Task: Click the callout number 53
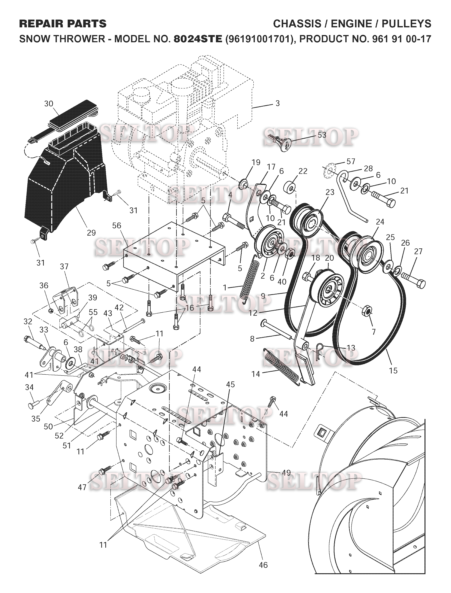point(322,135)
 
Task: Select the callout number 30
point(49,104)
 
